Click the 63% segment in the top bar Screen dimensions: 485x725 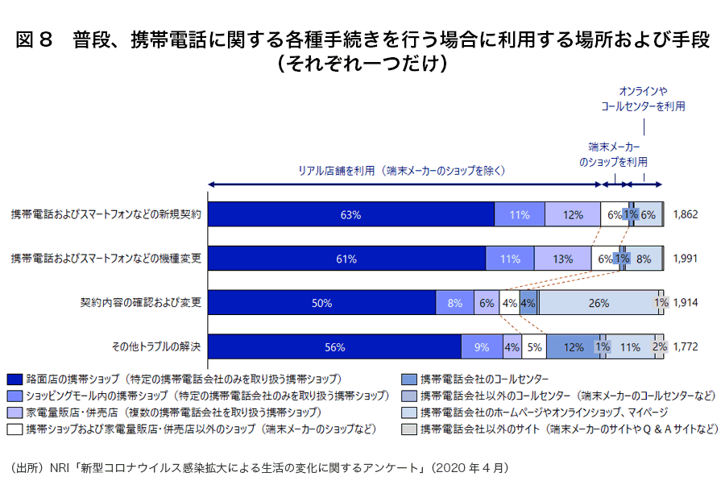(351, 215)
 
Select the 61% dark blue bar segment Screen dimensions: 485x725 (346, 259)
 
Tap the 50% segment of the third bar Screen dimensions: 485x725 (322, 303)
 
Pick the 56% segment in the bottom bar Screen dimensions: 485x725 (335, 347)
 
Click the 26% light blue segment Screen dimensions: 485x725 (599, 303)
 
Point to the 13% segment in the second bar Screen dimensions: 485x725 (563, 259)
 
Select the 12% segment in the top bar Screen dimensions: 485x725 (573, 215)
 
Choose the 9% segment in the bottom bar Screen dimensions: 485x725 (482, 347)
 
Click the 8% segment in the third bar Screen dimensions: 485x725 (455, 303)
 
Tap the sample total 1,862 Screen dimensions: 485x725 (684, 215)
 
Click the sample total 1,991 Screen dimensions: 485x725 (684, 259)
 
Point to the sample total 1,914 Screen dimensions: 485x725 (684, 303)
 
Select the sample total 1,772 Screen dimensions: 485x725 (684, 347)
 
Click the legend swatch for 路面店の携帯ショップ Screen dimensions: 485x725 (14, 378)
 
